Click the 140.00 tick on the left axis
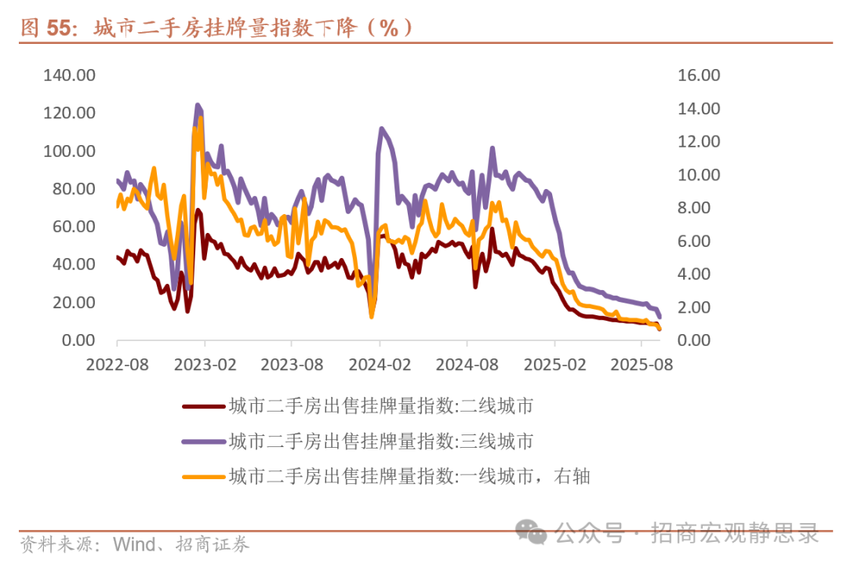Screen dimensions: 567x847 pyautogui.click(x=70, y=75)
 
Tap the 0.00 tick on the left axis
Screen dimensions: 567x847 pyautogui.click(x=78, y=340)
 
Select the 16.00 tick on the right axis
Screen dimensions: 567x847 pyautogui.click(x=699, y=75)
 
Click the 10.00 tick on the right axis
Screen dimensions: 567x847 pyautogui.click(x=699, y=175)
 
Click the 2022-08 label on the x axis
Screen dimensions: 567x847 pyautogui.click(x=118, y=365)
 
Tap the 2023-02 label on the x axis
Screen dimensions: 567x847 pyautogui.click(x=205, y=365)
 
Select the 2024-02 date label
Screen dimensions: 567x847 pyautogui.click(x=380, y=365)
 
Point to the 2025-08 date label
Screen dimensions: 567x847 pyautogui.click(x=642, y=365)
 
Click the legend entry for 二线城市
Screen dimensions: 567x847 pyautogui.click(x=381, y=406)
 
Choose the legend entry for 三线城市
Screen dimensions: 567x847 pyautogui.click(x=381, y=442)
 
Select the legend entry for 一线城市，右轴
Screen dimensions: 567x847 pyautogui.click(x=409, y=476)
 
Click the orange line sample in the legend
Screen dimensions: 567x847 pyautogui.click(x=203, y=476)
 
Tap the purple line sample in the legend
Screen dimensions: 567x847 pyautogui.click(x=203, y=442)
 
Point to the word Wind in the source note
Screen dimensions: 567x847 pyautogui.click(x=134, y=544)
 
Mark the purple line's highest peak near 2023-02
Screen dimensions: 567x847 pyautogui.click(x=198, y=104)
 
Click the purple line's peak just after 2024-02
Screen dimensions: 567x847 pyautogui.click(x=381, y=128)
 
